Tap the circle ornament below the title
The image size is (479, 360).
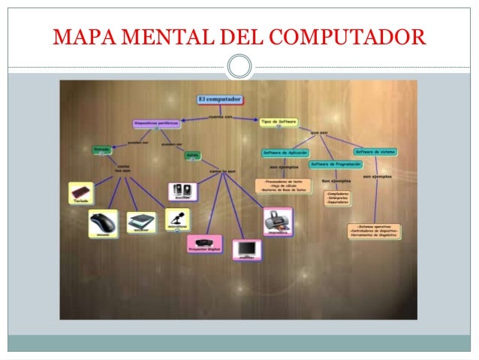click(239, 66)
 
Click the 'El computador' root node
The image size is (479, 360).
click(219, 98)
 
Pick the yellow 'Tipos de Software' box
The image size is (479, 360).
click(279, 121)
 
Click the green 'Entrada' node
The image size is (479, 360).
click(102, 150)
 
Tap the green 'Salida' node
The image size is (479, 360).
click(193, 155)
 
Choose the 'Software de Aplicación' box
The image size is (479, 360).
click(286, 153)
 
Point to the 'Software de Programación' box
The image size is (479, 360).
click(336, 164)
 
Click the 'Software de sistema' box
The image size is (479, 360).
click(375, 152)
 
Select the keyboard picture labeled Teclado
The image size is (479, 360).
click(80, 194)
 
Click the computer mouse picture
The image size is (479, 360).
click(103, 223)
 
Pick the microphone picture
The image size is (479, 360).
click(177, 219)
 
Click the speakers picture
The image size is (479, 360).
click(182, 192)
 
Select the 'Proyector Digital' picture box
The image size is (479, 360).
click(204, 244)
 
